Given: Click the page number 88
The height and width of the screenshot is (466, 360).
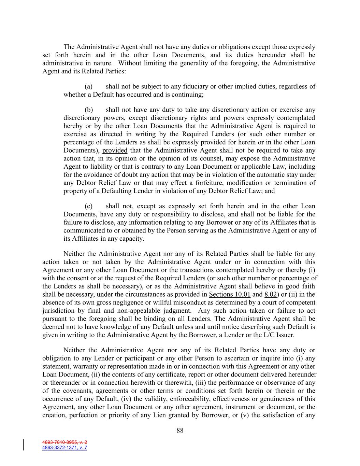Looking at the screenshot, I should pos(180,430).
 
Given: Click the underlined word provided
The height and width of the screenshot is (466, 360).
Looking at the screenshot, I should pos(115,151).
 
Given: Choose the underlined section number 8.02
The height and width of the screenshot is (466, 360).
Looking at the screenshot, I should pos(270,294).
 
